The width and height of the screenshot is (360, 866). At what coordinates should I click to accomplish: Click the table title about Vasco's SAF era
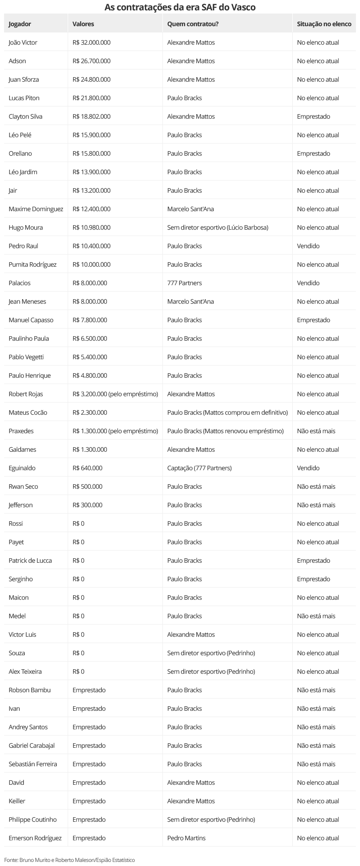(180, 7)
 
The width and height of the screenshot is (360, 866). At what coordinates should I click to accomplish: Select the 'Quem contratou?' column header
(193, 24)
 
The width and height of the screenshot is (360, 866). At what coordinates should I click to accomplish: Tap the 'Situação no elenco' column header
(324, 24)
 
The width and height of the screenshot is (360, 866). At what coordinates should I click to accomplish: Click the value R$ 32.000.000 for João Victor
(91, 42)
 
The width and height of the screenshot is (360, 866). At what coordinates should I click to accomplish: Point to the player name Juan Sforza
(23, 79)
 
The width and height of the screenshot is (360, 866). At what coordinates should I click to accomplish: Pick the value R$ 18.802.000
(91, 116)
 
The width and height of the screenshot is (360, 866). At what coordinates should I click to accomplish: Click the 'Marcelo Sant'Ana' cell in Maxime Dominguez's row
(190, 209)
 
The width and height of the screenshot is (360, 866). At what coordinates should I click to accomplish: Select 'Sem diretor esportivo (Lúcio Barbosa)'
(217, 227)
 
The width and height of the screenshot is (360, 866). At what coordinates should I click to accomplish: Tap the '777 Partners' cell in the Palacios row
(184, 283)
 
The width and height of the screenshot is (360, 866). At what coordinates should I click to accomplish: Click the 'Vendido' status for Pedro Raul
(308, 246)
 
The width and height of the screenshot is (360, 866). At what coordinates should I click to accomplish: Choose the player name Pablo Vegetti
(26, 357)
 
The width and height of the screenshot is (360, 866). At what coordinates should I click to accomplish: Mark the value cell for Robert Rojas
(115, 394)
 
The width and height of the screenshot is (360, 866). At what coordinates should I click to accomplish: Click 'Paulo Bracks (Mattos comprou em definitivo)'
(227, 412)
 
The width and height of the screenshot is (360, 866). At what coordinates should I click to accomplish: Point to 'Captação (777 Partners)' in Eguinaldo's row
(199, 468)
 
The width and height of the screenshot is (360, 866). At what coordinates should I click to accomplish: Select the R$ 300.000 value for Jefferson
(87, 505)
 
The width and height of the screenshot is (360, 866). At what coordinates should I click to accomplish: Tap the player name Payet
(16, 542)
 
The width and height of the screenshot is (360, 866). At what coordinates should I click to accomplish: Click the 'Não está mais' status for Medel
(316, 616)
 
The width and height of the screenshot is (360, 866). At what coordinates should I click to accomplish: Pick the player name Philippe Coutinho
(32, 820)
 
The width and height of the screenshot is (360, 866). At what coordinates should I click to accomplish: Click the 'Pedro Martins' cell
(186, 838)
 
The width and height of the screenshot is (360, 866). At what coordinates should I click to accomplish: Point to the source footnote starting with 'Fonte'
(69, 860)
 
